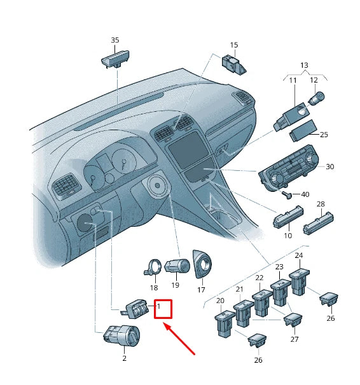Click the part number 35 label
click(115, 40)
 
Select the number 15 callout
click(234, 45)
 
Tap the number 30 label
click(329, 166)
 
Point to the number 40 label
click(305, 194)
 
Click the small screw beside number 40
click(287, 195)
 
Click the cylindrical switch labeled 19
click(177, 266)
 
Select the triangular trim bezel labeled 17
click(202, 264)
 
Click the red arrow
click(179, 339)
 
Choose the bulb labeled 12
click(316, 98)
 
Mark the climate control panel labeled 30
click(289, 168)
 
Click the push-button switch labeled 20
click(225, 323)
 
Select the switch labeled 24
click(299, 281)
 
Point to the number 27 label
click(294, 339)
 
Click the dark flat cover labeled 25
click(303, 131)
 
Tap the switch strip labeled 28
click(318, 223)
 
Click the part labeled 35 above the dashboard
click(115, 58)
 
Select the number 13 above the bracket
click(304, 65)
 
